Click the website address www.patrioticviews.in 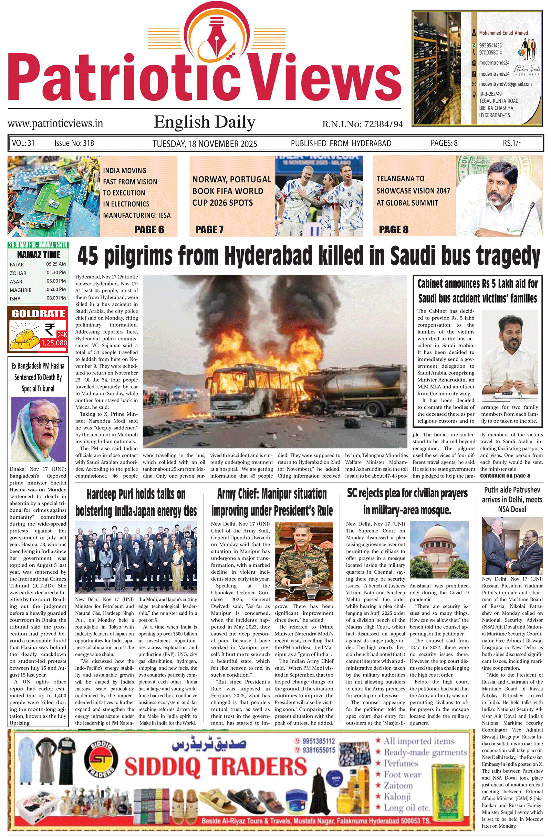tap(55, 124)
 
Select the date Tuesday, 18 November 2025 tap(205, 144)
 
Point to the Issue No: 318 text tap(74, 143)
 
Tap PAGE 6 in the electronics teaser tap(149, 230)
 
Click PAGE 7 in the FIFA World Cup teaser tap(209, 230)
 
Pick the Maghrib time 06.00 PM tap(56, 289)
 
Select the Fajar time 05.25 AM tap(56, 264)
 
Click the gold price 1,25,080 tap(54, 343)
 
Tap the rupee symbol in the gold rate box tap(50, 329)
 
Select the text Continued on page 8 tap(505, 476)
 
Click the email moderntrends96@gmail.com tap(505, 84)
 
